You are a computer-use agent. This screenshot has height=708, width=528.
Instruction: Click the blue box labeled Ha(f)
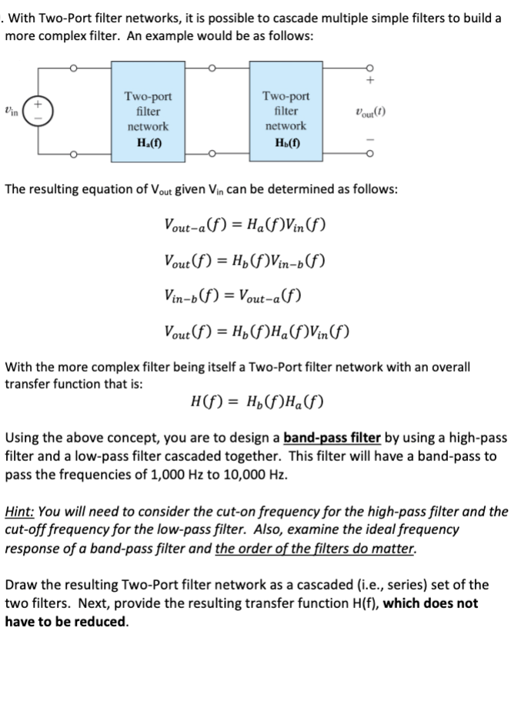pos(148,119)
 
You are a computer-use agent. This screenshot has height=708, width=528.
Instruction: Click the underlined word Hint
pos(19,512)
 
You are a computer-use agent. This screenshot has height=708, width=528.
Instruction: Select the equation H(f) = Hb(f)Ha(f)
pos(256,401)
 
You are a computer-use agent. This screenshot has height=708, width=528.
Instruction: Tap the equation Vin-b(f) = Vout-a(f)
pos(232,295)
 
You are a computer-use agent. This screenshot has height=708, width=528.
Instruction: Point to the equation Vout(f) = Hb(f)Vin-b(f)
pos(244,259)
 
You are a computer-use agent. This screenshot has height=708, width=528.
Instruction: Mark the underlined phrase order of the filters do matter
pos(316,549)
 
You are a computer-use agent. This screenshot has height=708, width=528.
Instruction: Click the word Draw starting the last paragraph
pos(22,585)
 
